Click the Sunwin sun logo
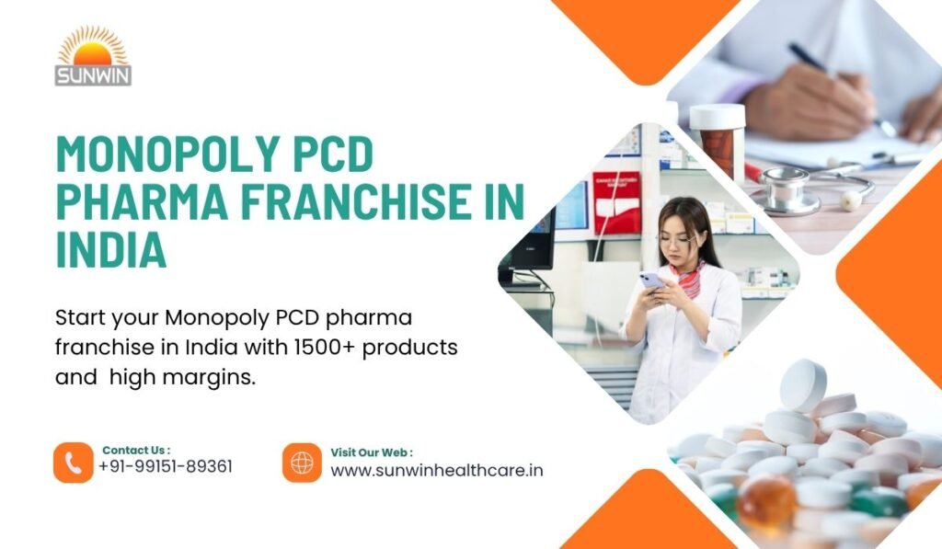point(94,56)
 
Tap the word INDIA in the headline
point(111,251)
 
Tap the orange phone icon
point(74,463)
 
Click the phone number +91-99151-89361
point(166,467)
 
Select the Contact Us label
point(136,450)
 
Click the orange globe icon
point(302,463)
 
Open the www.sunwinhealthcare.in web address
point(436,470)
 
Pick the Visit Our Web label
point(372,452)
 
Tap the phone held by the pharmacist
point(650,280)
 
